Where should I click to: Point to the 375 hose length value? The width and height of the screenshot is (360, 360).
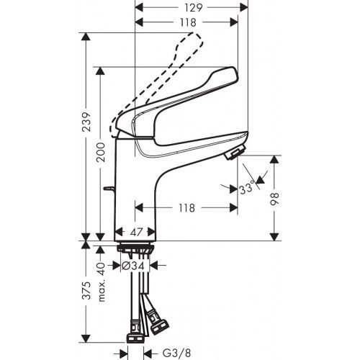(86, 292)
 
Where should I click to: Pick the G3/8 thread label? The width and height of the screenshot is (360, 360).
(176, 352)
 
